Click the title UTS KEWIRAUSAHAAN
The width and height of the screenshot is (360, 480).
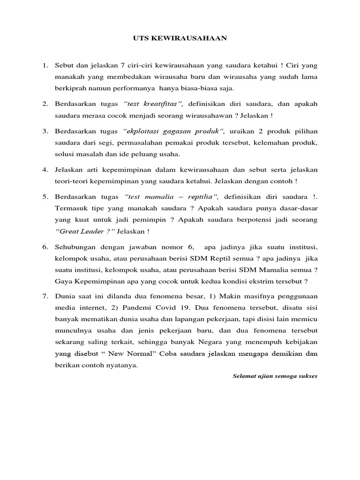point(180,39)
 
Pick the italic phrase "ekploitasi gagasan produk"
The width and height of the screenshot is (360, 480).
point(175,131)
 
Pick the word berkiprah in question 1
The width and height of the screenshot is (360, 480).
point(69,88)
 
